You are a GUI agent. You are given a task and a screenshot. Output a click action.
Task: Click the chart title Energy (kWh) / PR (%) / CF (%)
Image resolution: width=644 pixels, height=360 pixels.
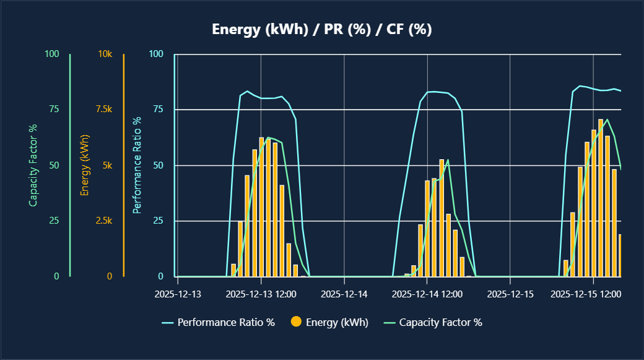pos(321,30)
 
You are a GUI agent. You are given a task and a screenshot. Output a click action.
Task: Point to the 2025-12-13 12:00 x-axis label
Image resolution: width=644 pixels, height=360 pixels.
pos(261,294)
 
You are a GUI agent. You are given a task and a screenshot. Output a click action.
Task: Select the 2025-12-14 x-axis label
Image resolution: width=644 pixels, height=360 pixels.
pos(344,294)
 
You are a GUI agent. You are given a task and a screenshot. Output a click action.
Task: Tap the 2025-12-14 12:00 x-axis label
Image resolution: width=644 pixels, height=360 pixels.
pos(427,294)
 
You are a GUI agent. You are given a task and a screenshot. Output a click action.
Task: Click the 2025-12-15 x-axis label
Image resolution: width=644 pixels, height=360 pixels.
pos(510,294)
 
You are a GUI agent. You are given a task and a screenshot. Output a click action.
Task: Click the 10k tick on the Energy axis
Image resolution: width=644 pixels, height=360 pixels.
pos(105,54)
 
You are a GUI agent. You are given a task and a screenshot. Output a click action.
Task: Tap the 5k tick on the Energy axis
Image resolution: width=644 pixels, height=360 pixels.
pos(108,165)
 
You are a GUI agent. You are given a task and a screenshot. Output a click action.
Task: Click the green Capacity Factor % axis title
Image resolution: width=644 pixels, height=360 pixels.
pos(33,165)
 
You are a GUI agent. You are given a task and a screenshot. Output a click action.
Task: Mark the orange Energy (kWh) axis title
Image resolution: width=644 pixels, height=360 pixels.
pos(85,165)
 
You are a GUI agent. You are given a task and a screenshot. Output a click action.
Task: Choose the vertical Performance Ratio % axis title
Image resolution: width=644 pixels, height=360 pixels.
pos(137,165)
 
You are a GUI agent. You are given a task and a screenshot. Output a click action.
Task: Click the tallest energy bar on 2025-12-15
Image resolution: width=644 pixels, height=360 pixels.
pos(601,198)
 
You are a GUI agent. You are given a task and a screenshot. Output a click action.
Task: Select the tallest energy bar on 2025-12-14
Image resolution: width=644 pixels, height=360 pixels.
pos(442,218)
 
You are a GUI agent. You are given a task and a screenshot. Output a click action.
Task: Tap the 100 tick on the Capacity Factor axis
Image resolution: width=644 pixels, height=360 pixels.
pos(52,54)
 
